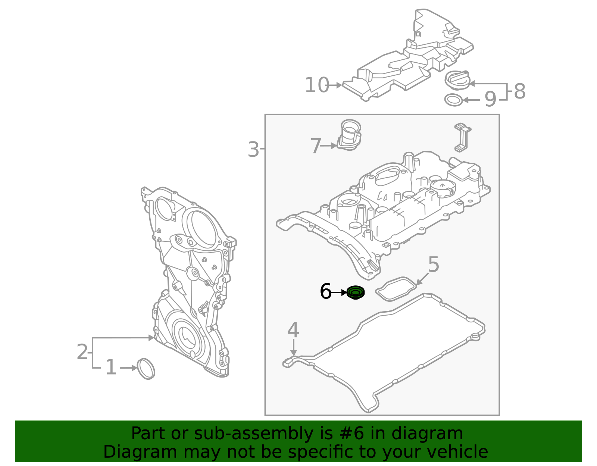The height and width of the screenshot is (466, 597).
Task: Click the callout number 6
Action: tap(325, 292)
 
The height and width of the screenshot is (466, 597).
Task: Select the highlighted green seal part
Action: tap(355, 292)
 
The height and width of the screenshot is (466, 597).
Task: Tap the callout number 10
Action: tap(317, 85)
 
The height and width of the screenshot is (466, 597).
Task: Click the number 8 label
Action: tap(519, 91)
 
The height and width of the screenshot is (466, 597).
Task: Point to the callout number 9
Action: tap(490, 100)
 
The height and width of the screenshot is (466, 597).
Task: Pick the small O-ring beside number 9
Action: tap(454, 100)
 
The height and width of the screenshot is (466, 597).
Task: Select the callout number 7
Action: tap(316, 146)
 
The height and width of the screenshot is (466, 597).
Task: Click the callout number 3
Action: tap(253, 150)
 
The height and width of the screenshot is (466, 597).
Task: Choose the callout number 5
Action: tap(433, 265)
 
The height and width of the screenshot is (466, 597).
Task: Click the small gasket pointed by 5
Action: tap(396, 289)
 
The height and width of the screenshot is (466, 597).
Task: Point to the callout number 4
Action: tap(293, 330)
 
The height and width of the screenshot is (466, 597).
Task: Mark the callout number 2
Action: tap(82, 352)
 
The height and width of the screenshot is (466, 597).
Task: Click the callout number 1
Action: tap(111, 368)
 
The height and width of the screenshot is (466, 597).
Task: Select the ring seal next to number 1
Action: tap(146, 369)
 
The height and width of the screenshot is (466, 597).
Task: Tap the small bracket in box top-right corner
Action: tap(462, 137)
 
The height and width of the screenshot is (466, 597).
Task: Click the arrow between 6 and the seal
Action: tap(339, 293)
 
